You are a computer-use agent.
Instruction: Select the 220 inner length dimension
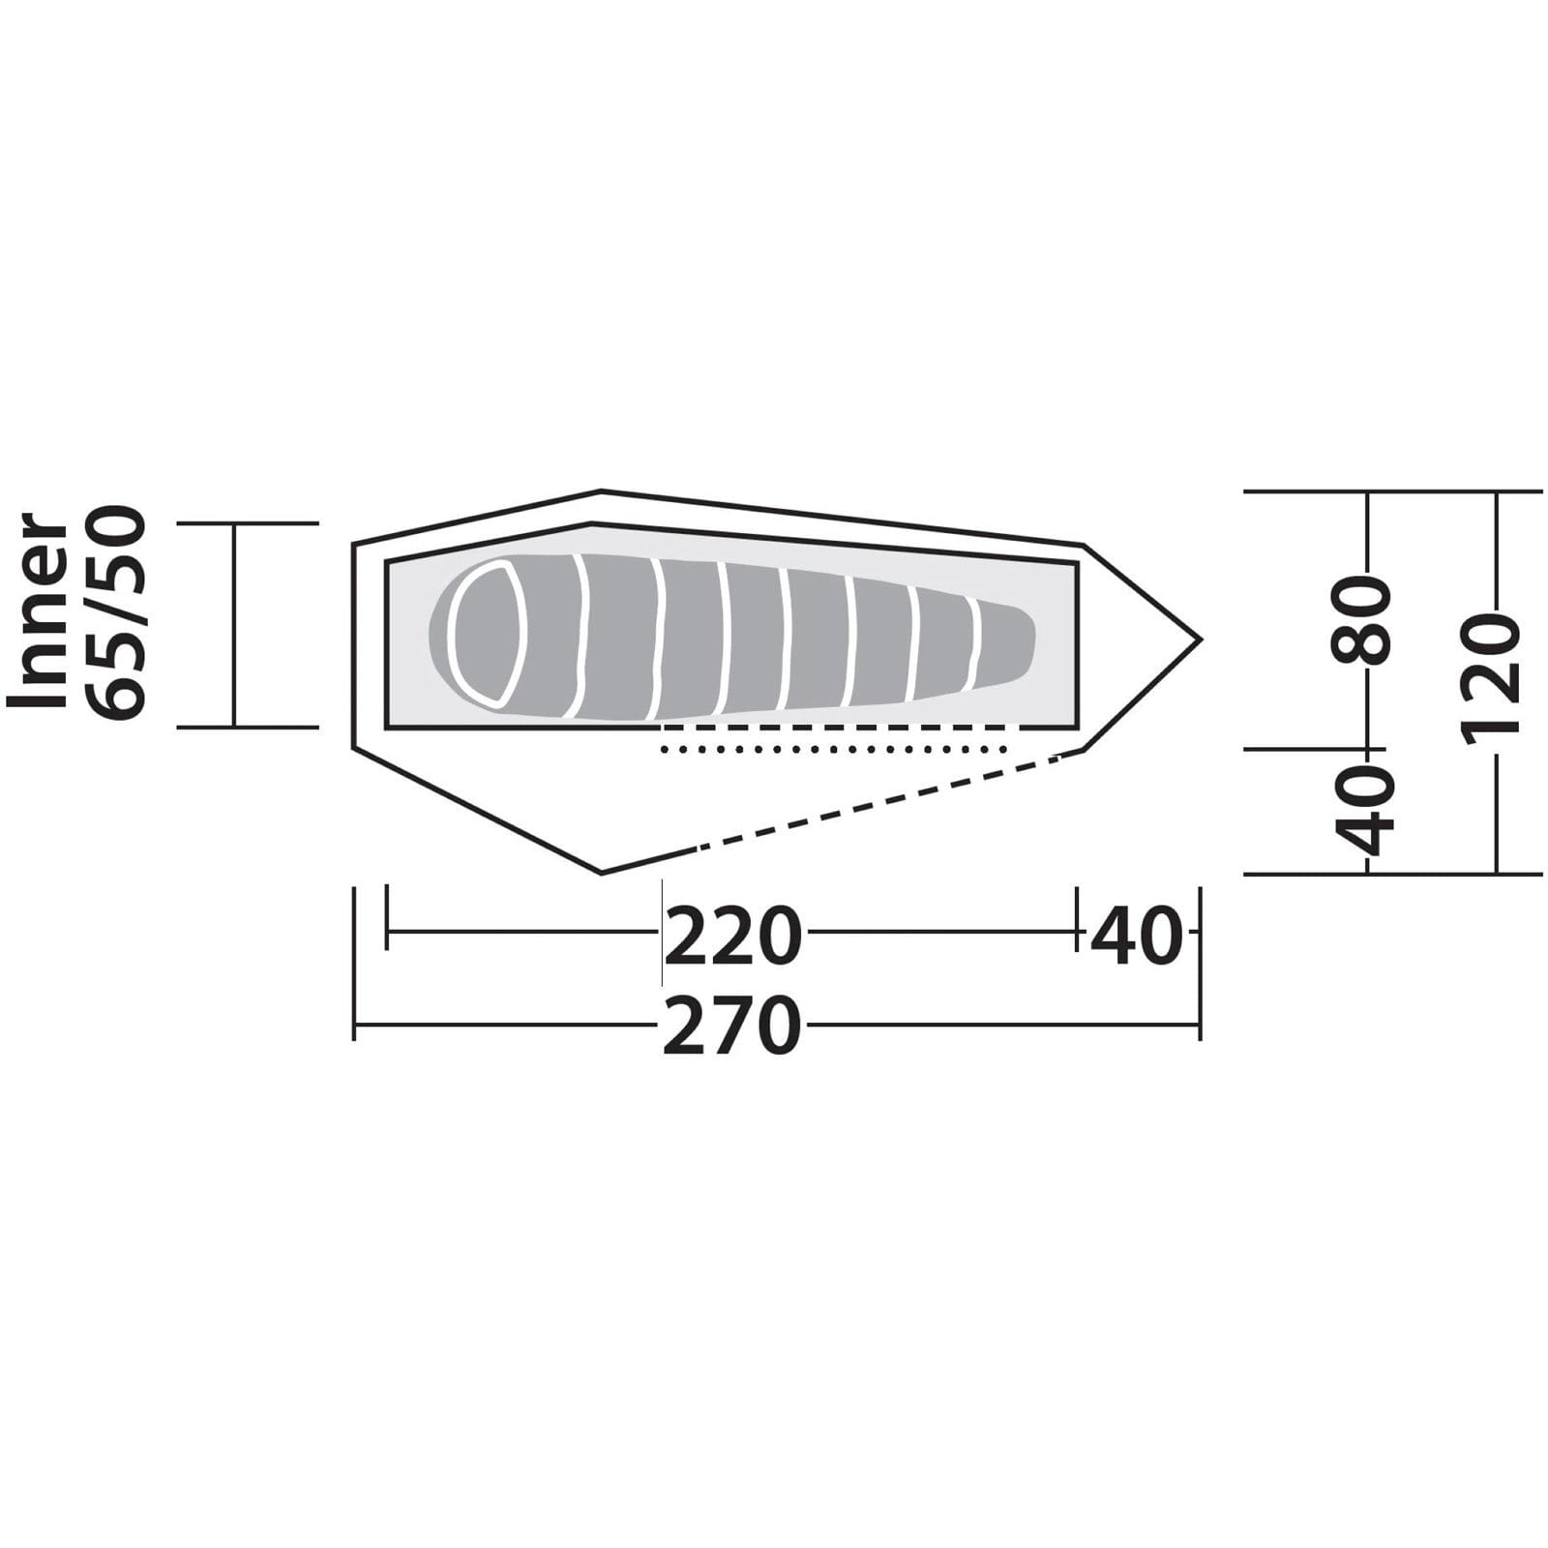point(732,936)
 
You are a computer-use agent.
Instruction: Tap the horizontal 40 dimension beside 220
point(1137,936)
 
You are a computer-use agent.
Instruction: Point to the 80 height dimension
point(1362,619)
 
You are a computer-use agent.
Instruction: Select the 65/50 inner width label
point(116,613)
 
